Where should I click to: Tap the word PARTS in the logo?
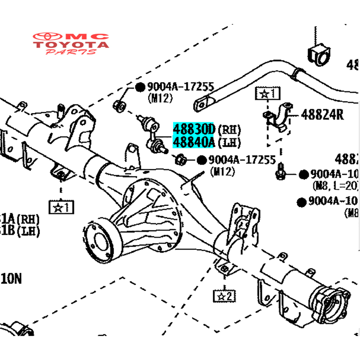click(71, 52)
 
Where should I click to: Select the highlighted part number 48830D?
click(194, 129)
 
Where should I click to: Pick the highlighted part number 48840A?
click(194, 142)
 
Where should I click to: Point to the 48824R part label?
click(322, 115)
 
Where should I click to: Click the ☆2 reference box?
click(224, 296)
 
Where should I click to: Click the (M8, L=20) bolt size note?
click(335, 186)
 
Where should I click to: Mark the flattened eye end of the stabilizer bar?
click(202, 104)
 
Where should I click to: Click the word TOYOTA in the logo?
click(71, 44)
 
